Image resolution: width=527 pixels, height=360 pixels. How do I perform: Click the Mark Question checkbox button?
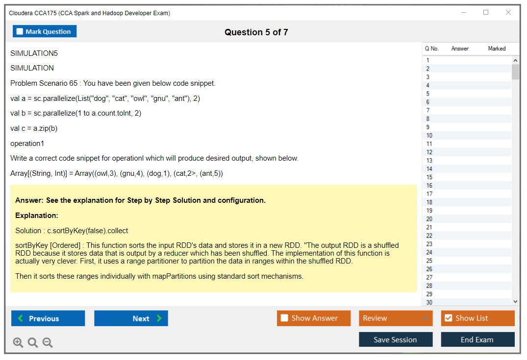point(45,31)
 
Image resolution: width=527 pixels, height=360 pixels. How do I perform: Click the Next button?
point(131,318)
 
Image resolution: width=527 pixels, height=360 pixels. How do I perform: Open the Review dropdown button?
point(396,318)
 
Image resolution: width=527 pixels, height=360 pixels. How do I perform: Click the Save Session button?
point(396,339)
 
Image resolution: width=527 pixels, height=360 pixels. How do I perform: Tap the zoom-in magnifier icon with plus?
point(18,342)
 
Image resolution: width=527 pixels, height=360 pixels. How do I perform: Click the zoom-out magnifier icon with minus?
point(48,342)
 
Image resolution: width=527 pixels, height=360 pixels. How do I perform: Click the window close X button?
point(508,12)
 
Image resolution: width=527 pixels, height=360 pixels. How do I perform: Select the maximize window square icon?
point(486,12)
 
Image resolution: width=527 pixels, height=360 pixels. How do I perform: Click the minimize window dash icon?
point(464,12)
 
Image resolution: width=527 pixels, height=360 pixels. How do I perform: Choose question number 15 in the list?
point(429,177)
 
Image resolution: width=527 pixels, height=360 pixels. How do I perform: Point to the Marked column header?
point(497,48)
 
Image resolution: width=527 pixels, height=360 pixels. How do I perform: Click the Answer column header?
point(460,48)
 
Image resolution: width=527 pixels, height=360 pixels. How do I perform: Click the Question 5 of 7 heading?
point(256,32)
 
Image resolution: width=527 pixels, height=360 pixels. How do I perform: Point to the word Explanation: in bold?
point(37,216)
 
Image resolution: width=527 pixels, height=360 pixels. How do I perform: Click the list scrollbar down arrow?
point(516,302)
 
